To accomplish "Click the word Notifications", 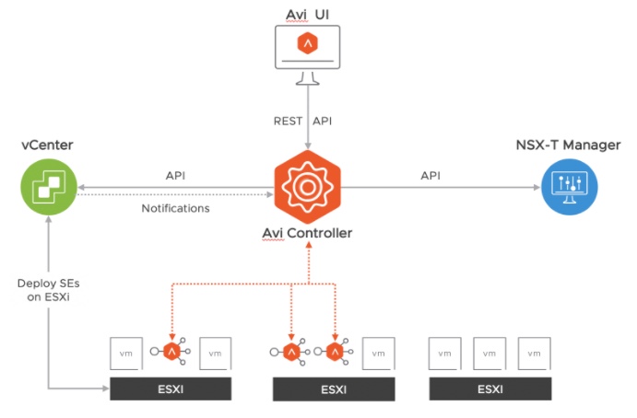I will [x=175, y=208].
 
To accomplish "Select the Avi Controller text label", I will [x=308, y=233].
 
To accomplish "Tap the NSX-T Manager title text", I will [x=568, y=145].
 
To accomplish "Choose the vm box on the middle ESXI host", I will [x=379, y=353].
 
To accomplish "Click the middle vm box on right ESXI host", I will [x=490, y=353].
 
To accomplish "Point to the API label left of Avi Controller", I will [x=176, y=175].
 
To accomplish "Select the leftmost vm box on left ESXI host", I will [x=126, y=353].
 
